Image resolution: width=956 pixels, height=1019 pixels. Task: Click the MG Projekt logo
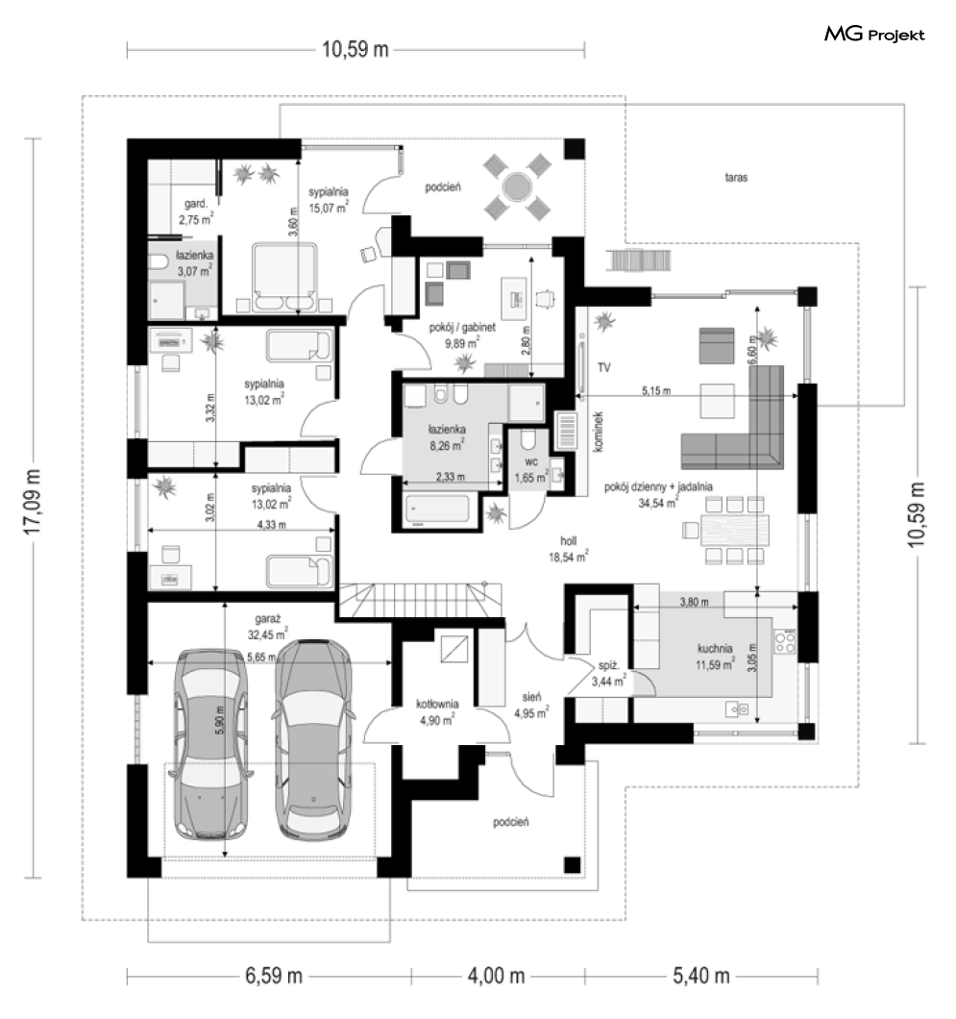[874, 35]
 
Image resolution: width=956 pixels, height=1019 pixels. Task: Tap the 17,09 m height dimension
[32, 502]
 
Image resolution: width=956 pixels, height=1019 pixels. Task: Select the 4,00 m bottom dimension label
[496, 976]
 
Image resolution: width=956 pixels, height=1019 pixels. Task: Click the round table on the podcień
[517, 187]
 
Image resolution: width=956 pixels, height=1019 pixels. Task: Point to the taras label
[737, 177]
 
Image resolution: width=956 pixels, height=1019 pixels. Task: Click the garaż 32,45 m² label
[267, 627]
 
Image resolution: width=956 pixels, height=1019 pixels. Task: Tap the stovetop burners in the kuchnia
[785, 642]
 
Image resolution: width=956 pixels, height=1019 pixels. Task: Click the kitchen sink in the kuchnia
[737, 709]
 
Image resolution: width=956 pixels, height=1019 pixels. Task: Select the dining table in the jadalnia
[735, 530]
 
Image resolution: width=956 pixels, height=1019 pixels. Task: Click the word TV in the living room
[604, 368]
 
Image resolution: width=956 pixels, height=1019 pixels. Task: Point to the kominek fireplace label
[599, 431]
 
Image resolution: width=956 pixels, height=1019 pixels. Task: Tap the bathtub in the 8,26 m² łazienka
[437, 509]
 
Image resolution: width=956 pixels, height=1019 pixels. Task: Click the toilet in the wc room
[527, 439]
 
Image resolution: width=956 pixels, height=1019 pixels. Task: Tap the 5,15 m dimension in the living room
[656, 390]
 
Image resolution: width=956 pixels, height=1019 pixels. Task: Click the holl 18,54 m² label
[568, 549]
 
